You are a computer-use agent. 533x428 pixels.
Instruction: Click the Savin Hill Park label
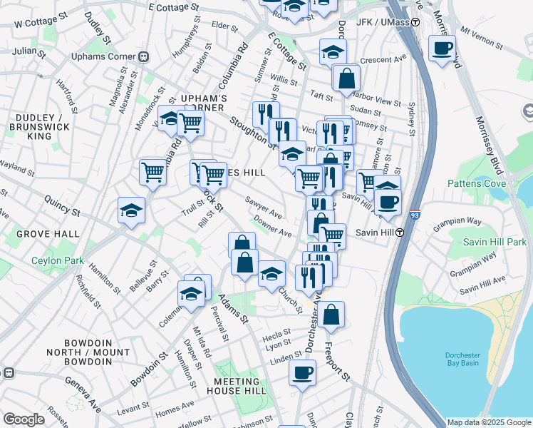pos(495,243)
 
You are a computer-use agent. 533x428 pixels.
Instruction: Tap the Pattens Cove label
pos(477,183)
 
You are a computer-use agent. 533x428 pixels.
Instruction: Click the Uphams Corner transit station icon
pos(143,56)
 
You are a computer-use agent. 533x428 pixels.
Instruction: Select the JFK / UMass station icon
pos(414,22)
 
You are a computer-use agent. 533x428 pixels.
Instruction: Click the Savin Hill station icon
pos(400,233)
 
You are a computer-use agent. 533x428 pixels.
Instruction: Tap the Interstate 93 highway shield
pos(414,213)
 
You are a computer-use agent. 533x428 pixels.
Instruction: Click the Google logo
pos(24,419)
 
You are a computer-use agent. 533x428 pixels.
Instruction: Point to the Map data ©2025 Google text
pos(488,422)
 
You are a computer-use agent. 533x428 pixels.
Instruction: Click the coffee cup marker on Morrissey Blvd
pos(442,48)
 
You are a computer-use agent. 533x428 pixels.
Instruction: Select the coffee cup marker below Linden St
pos(302,372)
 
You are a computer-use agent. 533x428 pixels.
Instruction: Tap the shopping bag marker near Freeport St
pos(331,314)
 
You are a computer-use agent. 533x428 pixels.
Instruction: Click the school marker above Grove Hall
pos(131,210)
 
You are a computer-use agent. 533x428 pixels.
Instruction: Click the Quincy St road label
pos(61,207)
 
